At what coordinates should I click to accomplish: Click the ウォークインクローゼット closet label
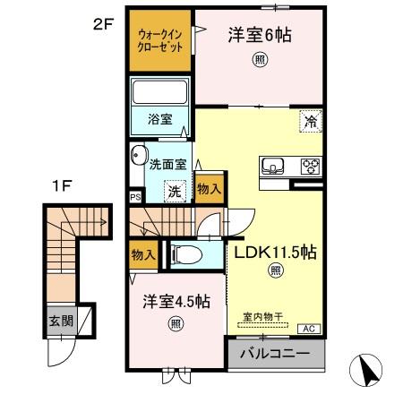pos(160,40)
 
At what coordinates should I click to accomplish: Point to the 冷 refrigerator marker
pos(311,120)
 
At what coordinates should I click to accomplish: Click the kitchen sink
pos(272,166)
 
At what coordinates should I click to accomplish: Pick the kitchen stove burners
pos(310,166)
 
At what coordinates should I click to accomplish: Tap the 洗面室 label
pos(167,165)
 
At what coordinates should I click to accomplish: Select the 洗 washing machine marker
pos(177,190)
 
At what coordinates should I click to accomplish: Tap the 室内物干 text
pos(262,316)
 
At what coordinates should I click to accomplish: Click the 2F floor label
pos(105,24)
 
